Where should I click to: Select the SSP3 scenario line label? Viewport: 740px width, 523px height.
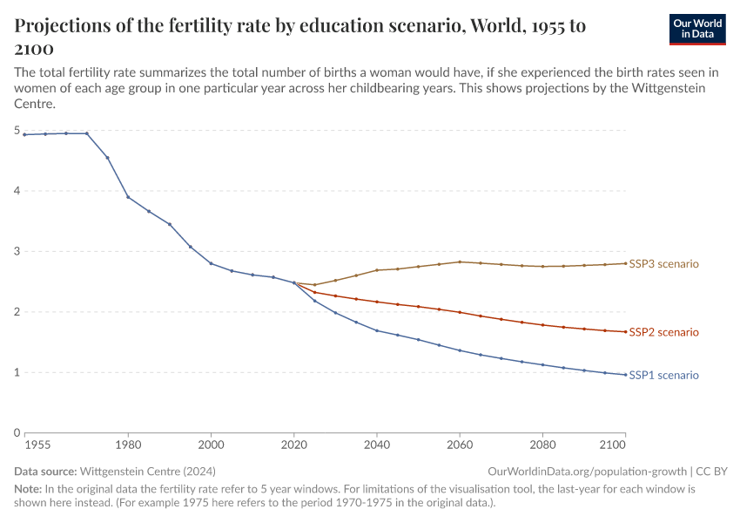tap(663, 263)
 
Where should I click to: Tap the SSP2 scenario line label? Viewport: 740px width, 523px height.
tap(663, 332)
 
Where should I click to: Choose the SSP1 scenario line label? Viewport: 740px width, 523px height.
tap(663, 375)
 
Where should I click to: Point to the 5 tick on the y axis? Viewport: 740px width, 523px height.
tap(17, 131)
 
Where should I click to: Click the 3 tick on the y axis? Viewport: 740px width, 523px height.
tap(17, 252)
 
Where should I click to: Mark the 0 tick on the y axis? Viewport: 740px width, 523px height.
tap(17, 432)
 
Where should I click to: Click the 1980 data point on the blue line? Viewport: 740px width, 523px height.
tap(128, 197)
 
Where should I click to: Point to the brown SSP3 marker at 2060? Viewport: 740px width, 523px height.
tap(460, 261)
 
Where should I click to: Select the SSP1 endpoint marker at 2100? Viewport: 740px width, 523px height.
tap(625, 375)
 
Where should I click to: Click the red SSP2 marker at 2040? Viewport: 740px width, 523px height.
tap(377, 302)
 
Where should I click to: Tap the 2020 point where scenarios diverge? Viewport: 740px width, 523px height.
tap(294, 282)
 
